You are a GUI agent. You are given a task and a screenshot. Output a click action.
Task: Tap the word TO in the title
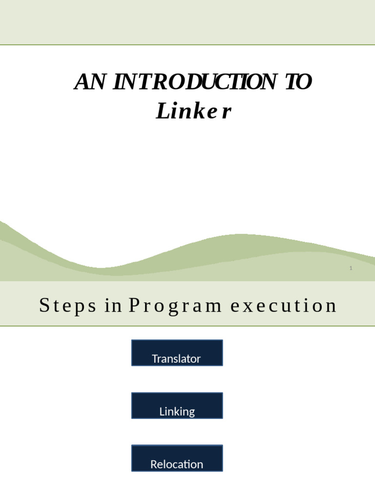point(297,82)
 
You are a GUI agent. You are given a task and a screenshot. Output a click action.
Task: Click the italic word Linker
point(193,112)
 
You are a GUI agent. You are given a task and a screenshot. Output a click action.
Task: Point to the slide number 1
point(351,268)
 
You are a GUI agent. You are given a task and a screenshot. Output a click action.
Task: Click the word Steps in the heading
point(67,306)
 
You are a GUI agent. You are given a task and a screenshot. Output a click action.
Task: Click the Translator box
point(177,353)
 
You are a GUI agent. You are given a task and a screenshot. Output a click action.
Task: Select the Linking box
point(177,406)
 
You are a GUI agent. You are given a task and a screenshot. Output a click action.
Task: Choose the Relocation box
point(177,458)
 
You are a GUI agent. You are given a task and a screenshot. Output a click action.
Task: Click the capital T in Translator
point(155,359)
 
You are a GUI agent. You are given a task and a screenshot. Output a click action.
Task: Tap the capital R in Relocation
point(153,464)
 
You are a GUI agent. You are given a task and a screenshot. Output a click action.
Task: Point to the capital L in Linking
point(162,412)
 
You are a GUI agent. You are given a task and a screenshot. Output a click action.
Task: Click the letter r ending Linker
point(225,112)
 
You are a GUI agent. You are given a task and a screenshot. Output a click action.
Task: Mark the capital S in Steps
point(44,306)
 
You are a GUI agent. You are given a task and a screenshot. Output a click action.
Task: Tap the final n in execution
point(332,306)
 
